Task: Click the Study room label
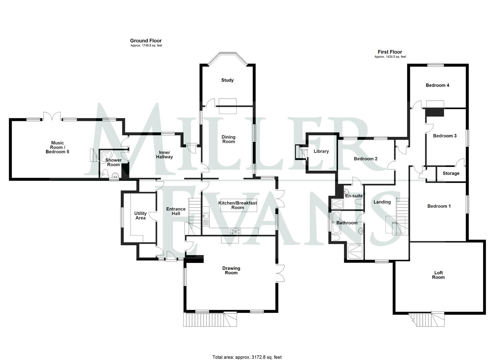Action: (227, 80)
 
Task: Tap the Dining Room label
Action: (228, 139)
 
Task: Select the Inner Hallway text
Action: (164, 155)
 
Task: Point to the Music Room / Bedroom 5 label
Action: (57, 147)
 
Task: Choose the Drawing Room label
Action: (231, 270)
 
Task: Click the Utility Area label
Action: (140, 215)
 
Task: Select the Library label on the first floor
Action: (321, 151)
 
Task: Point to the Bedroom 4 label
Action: (437, 85)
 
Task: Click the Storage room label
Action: (451, 173)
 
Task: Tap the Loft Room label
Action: (438, 275)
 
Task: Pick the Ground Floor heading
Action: (146, 41)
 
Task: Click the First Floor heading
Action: (390, 52)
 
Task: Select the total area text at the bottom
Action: (247, 357)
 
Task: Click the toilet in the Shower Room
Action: (105, 173)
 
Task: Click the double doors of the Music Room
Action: (51, 116)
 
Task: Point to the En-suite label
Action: (354, 196)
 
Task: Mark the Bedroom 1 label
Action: (439, 206)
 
